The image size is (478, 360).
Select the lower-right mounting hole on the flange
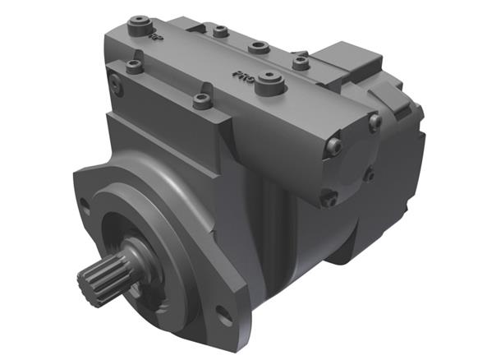tap(223, 312)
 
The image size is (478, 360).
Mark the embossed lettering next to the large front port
tap(241, 75)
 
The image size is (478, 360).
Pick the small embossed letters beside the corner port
tap(155, 36)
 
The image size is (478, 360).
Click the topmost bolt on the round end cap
tap(375, 121)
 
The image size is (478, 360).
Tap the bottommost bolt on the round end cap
tap(330, 198)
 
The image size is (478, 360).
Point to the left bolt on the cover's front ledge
tap(202, 102)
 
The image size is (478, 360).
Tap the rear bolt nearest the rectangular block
tap(301, 62)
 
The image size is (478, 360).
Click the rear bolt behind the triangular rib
tap(220, 32)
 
